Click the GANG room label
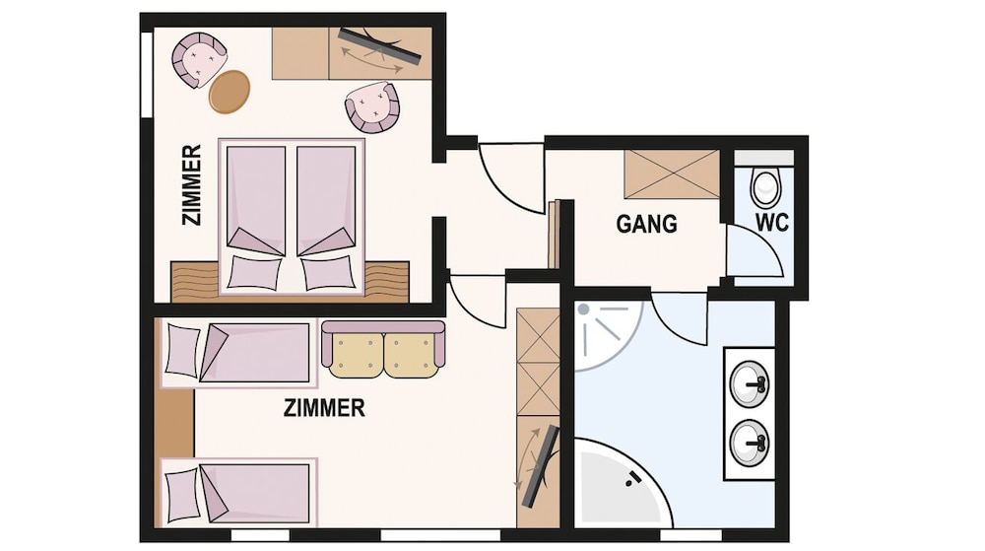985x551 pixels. [x=646, y=224]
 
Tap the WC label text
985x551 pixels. [x=771, y=223]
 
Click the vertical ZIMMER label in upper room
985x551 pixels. [x=192, y=184]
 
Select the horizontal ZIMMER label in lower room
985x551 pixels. [x=324, y=408]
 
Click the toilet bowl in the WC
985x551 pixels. [x=765, y=188]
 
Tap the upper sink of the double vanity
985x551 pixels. [x=750, y=382]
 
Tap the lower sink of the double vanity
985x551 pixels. [x=750, y=443]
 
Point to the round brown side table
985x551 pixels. [x=230, y=92]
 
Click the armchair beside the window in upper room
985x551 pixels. [x=199, y=60]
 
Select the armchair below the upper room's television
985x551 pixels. [x=372, y=106]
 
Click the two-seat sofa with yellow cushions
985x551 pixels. [x=382, y=349]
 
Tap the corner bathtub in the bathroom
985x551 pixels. [x=622, y=484]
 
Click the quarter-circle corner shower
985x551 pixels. [x=606, y=335]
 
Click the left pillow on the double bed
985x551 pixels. [x=254, y=273]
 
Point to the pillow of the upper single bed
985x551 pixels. [x=182, y=351]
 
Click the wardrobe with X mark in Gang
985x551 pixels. [x=672, y=174]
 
